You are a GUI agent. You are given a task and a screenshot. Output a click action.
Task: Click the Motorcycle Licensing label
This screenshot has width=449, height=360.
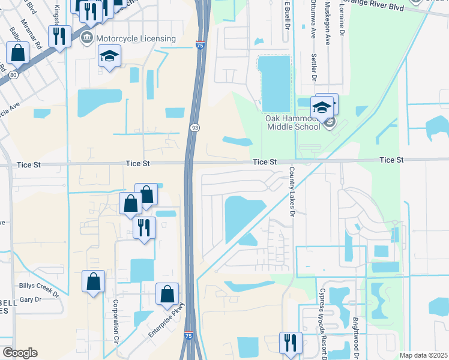(x=136, y=39)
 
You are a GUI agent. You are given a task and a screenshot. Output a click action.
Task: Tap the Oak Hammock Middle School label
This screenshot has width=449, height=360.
(x=293, y=122)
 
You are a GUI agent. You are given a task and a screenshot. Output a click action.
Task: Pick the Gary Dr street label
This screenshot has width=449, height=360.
(x=30, y=299)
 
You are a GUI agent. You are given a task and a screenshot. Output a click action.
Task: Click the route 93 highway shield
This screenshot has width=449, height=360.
(x=195, y=128)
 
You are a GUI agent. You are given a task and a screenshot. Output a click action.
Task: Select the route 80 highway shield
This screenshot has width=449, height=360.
(x=13, y=74)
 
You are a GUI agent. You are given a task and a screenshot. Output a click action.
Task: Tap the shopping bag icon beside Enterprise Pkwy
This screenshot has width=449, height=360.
(x=167, y=294)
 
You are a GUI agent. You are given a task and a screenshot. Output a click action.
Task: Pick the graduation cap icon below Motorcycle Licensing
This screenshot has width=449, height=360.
(x=109, y=56)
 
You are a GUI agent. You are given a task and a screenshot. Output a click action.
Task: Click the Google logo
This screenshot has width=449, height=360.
(x=20, y=352)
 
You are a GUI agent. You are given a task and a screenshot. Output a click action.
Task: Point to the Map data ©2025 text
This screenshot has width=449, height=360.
(x=424, y=355)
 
